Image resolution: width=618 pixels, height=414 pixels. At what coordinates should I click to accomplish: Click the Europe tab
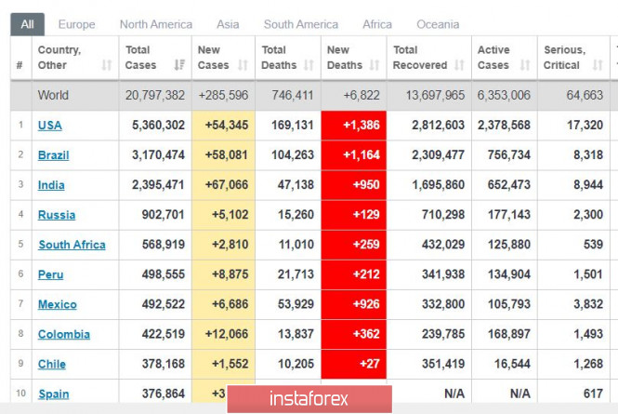(x=76, y=24)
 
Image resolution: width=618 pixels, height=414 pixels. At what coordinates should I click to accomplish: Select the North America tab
(x=156, y=24)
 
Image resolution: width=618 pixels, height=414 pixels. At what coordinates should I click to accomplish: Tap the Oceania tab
(x=437, y=24)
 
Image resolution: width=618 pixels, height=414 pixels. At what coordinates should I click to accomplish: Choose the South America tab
(x=301, y=24)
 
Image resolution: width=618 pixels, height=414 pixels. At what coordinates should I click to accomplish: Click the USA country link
(x=50, y=126)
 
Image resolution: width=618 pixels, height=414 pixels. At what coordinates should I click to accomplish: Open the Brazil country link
(x=53, y=155)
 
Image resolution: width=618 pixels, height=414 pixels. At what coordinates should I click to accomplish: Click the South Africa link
(x=72, y=245)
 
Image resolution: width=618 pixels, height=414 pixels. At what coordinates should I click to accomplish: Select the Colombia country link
(x=64, y=334)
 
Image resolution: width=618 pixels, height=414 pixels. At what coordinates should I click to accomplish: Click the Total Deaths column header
(x=279, y=58)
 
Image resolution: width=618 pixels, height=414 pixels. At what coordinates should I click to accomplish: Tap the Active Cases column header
(x=493, y=58)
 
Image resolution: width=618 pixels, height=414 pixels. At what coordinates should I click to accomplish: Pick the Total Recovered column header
(x=419, y=58)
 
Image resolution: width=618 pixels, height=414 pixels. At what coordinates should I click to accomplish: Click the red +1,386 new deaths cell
(x=354, y=126)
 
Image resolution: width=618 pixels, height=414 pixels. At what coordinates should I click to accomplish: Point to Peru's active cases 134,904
(x=505, y=274)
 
